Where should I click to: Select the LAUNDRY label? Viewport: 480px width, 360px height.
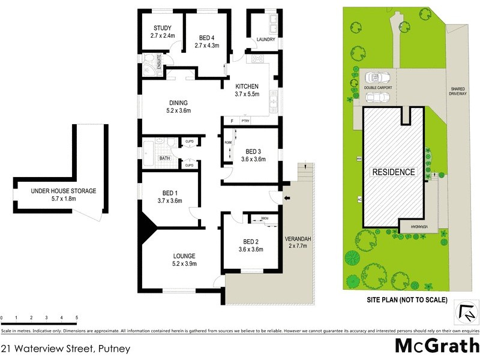pyautogui.click(x=265, y=40)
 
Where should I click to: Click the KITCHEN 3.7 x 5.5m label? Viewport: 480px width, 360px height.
pyautogui.click(x=247, y=90)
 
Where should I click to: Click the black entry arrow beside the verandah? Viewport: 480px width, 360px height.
pyautogui.click(x=287, y=199)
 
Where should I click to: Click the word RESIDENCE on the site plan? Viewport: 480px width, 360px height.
pyautogui.click(x=394, y=172)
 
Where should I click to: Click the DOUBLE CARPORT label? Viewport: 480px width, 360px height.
pyautogui.click(x=378, y=88)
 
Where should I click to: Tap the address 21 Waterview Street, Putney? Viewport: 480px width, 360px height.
pyautogui.click(x=66, y=347)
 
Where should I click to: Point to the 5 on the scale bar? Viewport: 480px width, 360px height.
pyautogui.click(x=77, y=317)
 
